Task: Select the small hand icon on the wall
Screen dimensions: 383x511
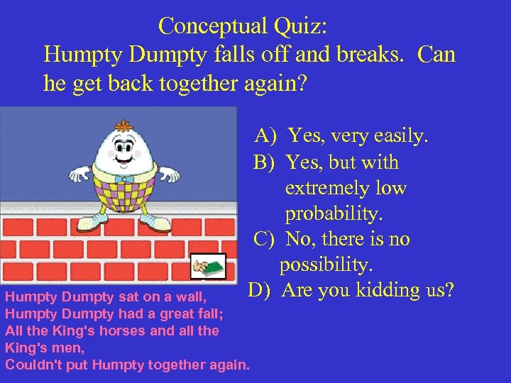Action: click(x=209, y=267)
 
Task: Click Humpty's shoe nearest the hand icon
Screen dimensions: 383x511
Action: click(x=158, y=223)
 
